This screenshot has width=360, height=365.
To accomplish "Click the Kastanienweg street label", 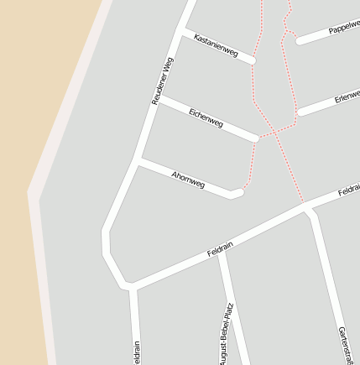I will pyautogui.click(x=215, y=47).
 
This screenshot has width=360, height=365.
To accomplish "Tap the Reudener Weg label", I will pyautogui.click(x=162, y=81).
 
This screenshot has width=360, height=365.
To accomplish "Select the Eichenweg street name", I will pyautogui.click(x=206, y=117).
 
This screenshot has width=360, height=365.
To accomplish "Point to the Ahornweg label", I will pyautogui.click(x=188, y=178).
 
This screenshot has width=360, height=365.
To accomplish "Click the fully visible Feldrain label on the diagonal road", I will pyautogui.click(x=220, y=249).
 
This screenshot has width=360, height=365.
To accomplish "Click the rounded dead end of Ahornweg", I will pyautogui.click(x=237, y=194).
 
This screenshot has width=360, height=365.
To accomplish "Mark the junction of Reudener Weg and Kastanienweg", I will pyautogui.click(x=180, y=33).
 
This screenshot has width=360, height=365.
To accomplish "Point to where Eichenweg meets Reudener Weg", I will pyautogui.click(x=158, y=98).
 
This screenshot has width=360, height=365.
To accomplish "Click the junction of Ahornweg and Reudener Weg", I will pyautogui.click(x=138, y=159).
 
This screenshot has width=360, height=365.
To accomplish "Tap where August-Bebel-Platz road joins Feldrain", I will pyautogui.click(x=220, y=251).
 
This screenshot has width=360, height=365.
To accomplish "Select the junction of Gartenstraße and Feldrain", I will pyautogui.click(x=307, y=209).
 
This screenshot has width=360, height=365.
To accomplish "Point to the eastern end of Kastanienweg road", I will pyautogui.click(x=252, y=60).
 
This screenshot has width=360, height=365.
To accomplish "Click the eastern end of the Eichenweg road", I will pyautogui.click(x=255, y=137).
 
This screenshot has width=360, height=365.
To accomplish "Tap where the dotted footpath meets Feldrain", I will pyautogui.click(x=302, y=202).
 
